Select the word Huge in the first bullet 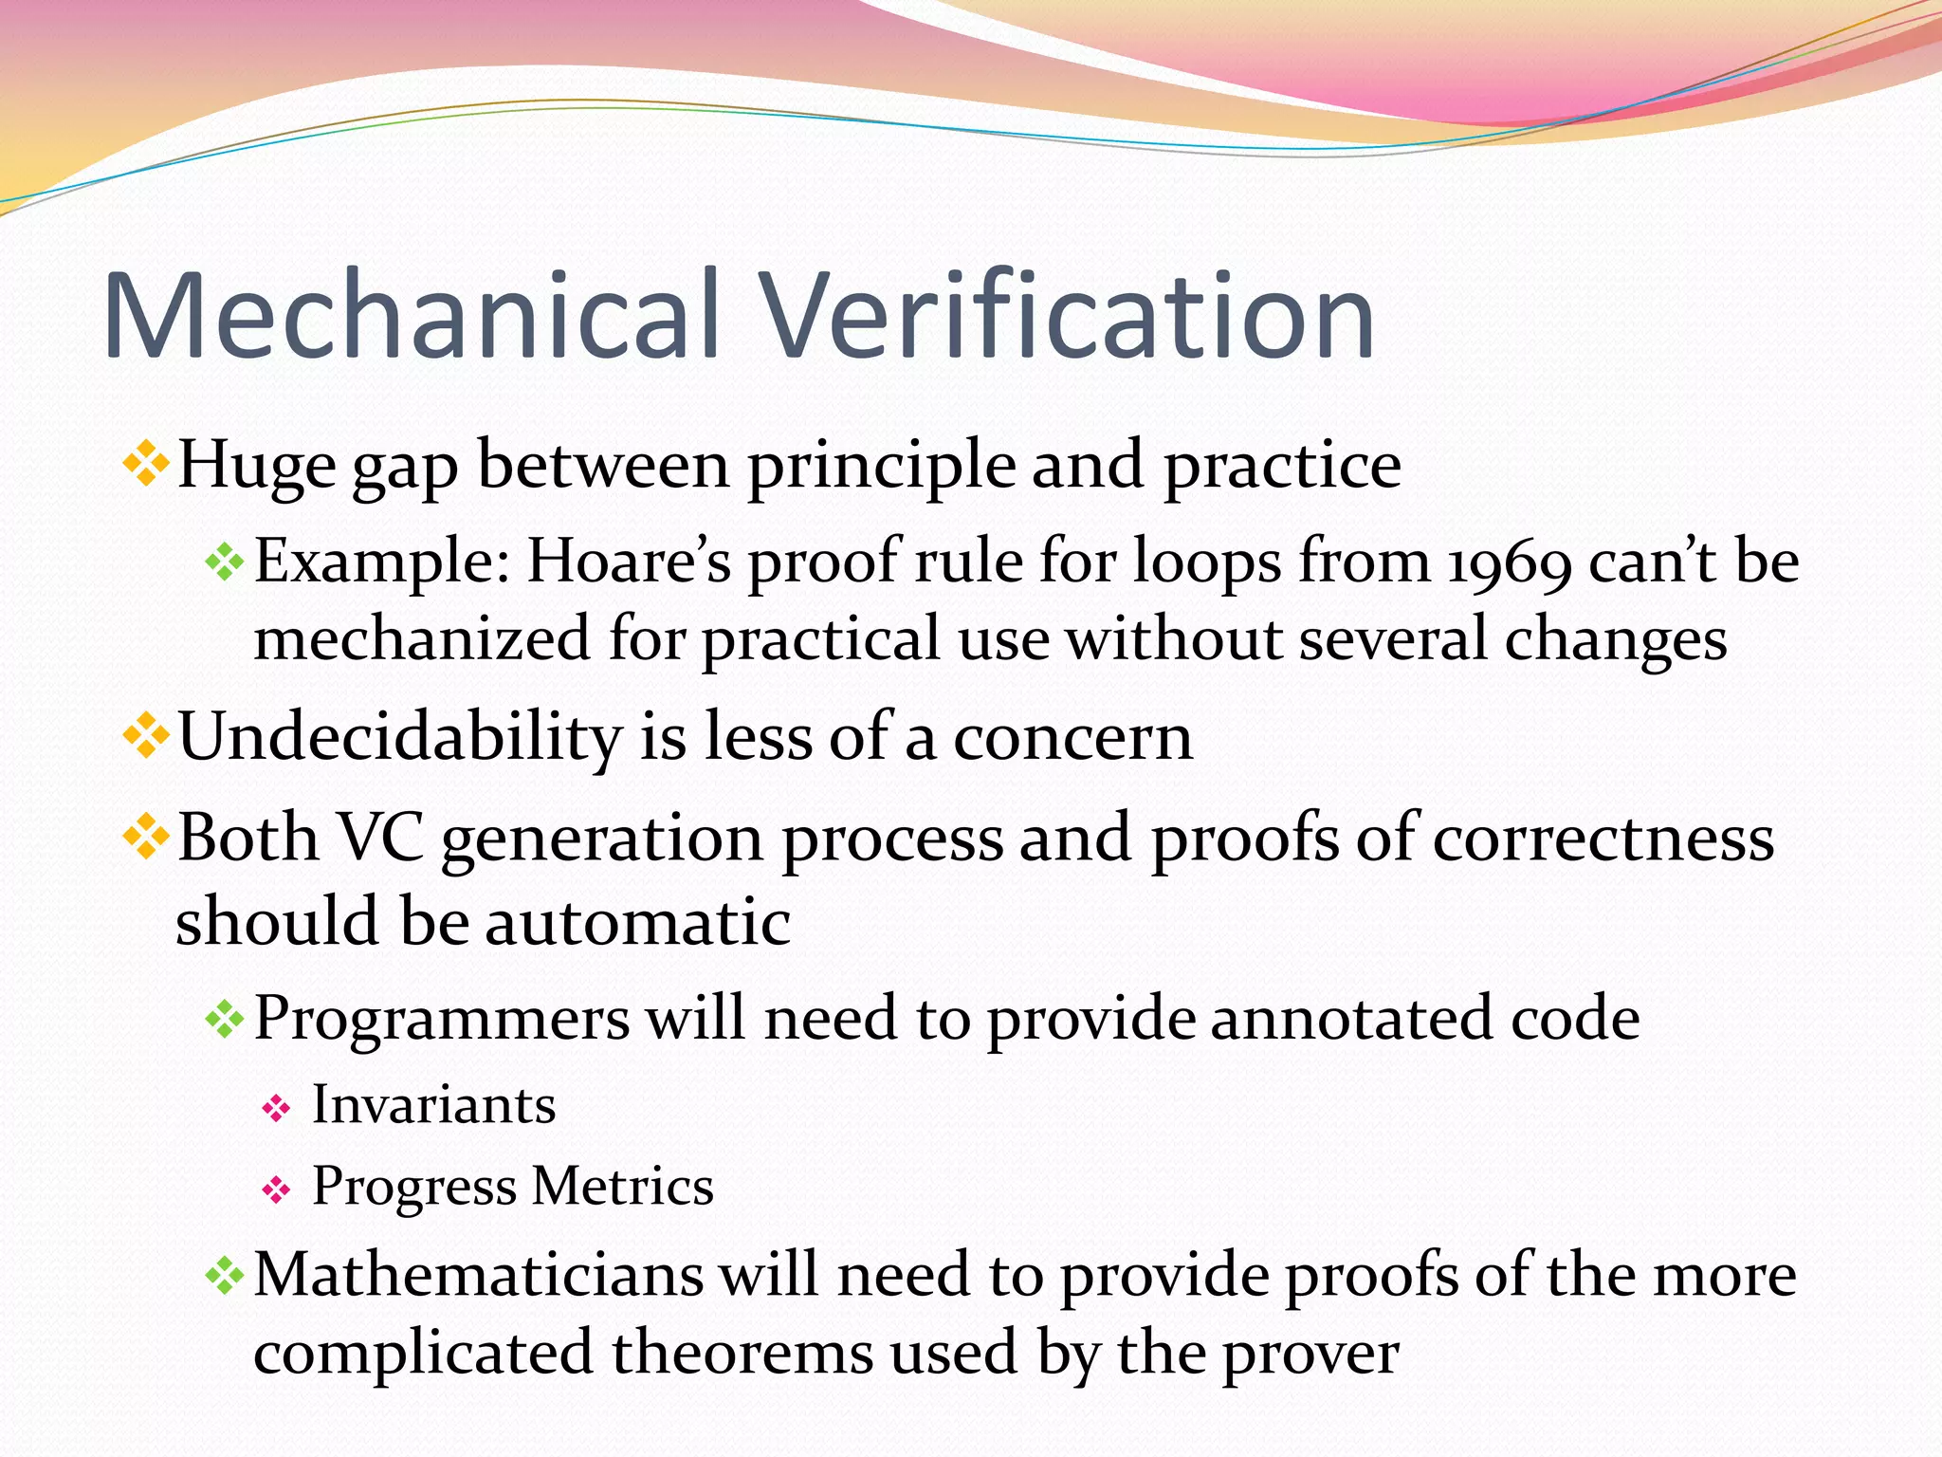[256, 465]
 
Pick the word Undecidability [398, 736]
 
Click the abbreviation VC [380, 839]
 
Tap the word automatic [637, 922]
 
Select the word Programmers [441, 1019]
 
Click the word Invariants [434, 1105]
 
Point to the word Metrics [623, 1187]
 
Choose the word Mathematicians [478, 1274]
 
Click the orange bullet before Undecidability [146, 736]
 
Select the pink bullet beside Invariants [276, 1108]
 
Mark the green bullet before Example [225, 563]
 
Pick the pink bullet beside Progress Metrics [276, 1189]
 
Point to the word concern [1072, 738]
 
